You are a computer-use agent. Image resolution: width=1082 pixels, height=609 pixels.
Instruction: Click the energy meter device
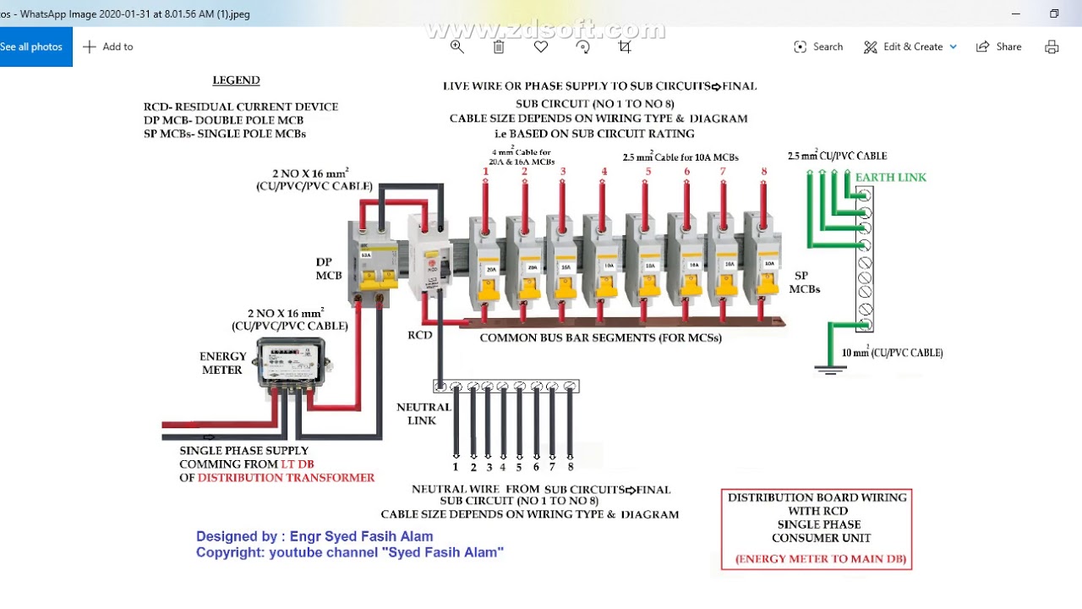pyautogui.click(x=292, y=363)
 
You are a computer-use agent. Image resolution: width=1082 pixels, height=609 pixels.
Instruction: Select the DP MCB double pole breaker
pyautogui.click(x=372, y=263)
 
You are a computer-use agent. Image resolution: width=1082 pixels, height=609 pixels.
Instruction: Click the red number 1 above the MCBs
pyautogui.click(x=485, y=172)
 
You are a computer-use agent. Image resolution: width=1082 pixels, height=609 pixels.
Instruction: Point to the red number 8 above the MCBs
pyautogui.click(x=763, y=172)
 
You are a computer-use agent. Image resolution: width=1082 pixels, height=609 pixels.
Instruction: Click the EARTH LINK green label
pyautogui.click(x=890, y=177)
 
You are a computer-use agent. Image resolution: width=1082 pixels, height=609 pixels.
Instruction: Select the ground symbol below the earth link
pyautogui.click(x=830, y=368)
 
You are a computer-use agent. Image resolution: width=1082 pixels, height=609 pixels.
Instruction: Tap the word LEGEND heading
pyautogui.click(x=236, y=80)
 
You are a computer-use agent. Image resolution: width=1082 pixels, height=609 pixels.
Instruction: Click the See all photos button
pyautogui.click(x=32, y=47)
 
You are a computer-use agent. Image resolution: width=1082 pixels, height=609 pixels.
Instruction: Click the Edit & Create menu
pyautogui.click(x=910, y=47)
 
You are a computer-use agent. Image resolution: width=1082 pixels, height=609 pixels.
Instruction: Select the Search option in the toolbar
pyautogui.click(x=818, y=47)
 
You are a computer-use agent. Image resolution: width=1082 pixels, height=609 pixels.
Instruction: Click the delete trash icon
pyautogui.click(x=499, y=47)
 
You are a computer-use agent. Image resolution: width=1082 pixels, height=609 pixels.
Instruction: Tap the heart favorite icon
pyautogui.click(x=541, y=47)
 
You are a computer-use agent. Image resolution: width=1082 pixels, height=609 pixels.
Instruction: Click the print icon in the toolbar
pyautogui.click(x=1052, y=47)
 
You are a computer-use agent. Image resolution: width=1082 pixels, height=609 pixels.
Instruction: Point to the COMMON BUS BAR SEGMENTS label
pyautogui.click(x=600, y=337)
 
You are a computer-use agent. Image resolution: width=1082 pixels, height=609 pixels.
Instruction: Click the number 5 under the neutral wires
pyautogui.click(x=520, y=467)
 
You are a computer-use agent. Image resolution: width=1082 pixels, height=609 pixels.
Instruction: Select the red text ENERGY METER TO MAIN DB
pyautogui.click(x=820, y=558)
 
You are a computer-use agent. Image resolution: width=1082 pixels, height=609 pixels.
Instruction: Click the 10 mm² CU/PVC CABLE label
pyautogui.click(x=892, y=353)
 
